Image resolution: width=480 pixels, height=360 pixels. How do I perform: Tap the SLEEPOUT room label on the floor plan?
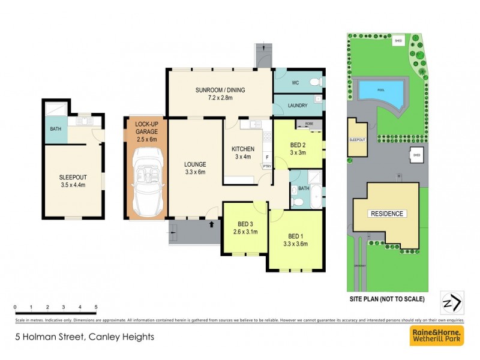[73, 177]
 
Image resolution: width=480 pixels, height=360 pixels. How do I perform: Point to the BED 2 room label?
[298, 145]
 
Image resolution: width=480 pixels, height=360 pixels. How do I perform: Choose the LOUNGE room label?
[195, 164]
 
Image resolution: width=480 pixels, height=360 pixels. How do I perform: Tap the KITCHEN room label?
[244, 149]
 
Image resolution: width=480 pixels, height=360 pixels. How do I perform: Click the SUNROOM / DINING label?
[220, 91]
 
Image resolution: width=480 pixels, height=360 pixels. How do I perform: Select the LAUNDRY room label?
[298, 106]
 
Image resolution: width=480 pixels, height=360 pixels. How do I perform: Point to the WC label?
[295, 82]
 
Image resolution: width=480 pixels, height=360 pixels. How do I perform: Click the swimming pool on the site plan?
[381, 92]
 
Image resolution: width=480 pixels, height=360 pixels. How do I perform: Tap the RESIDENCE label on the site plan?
[387, 214]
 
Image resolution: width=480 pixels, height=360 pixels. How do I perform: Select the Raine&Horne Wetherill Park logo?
[436, 336]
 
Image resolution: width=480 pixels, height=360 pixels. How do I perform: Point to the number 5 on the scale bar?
[95, 307]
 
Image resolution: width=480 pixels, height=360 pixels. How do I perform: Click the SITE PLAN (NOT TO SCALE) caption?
[387, 298]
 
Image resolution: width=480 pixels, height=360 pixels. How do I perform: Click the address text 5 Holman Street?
[85, 337]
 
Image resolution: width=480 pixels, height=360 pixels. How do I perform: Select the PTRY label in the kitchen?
[267, 166]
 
